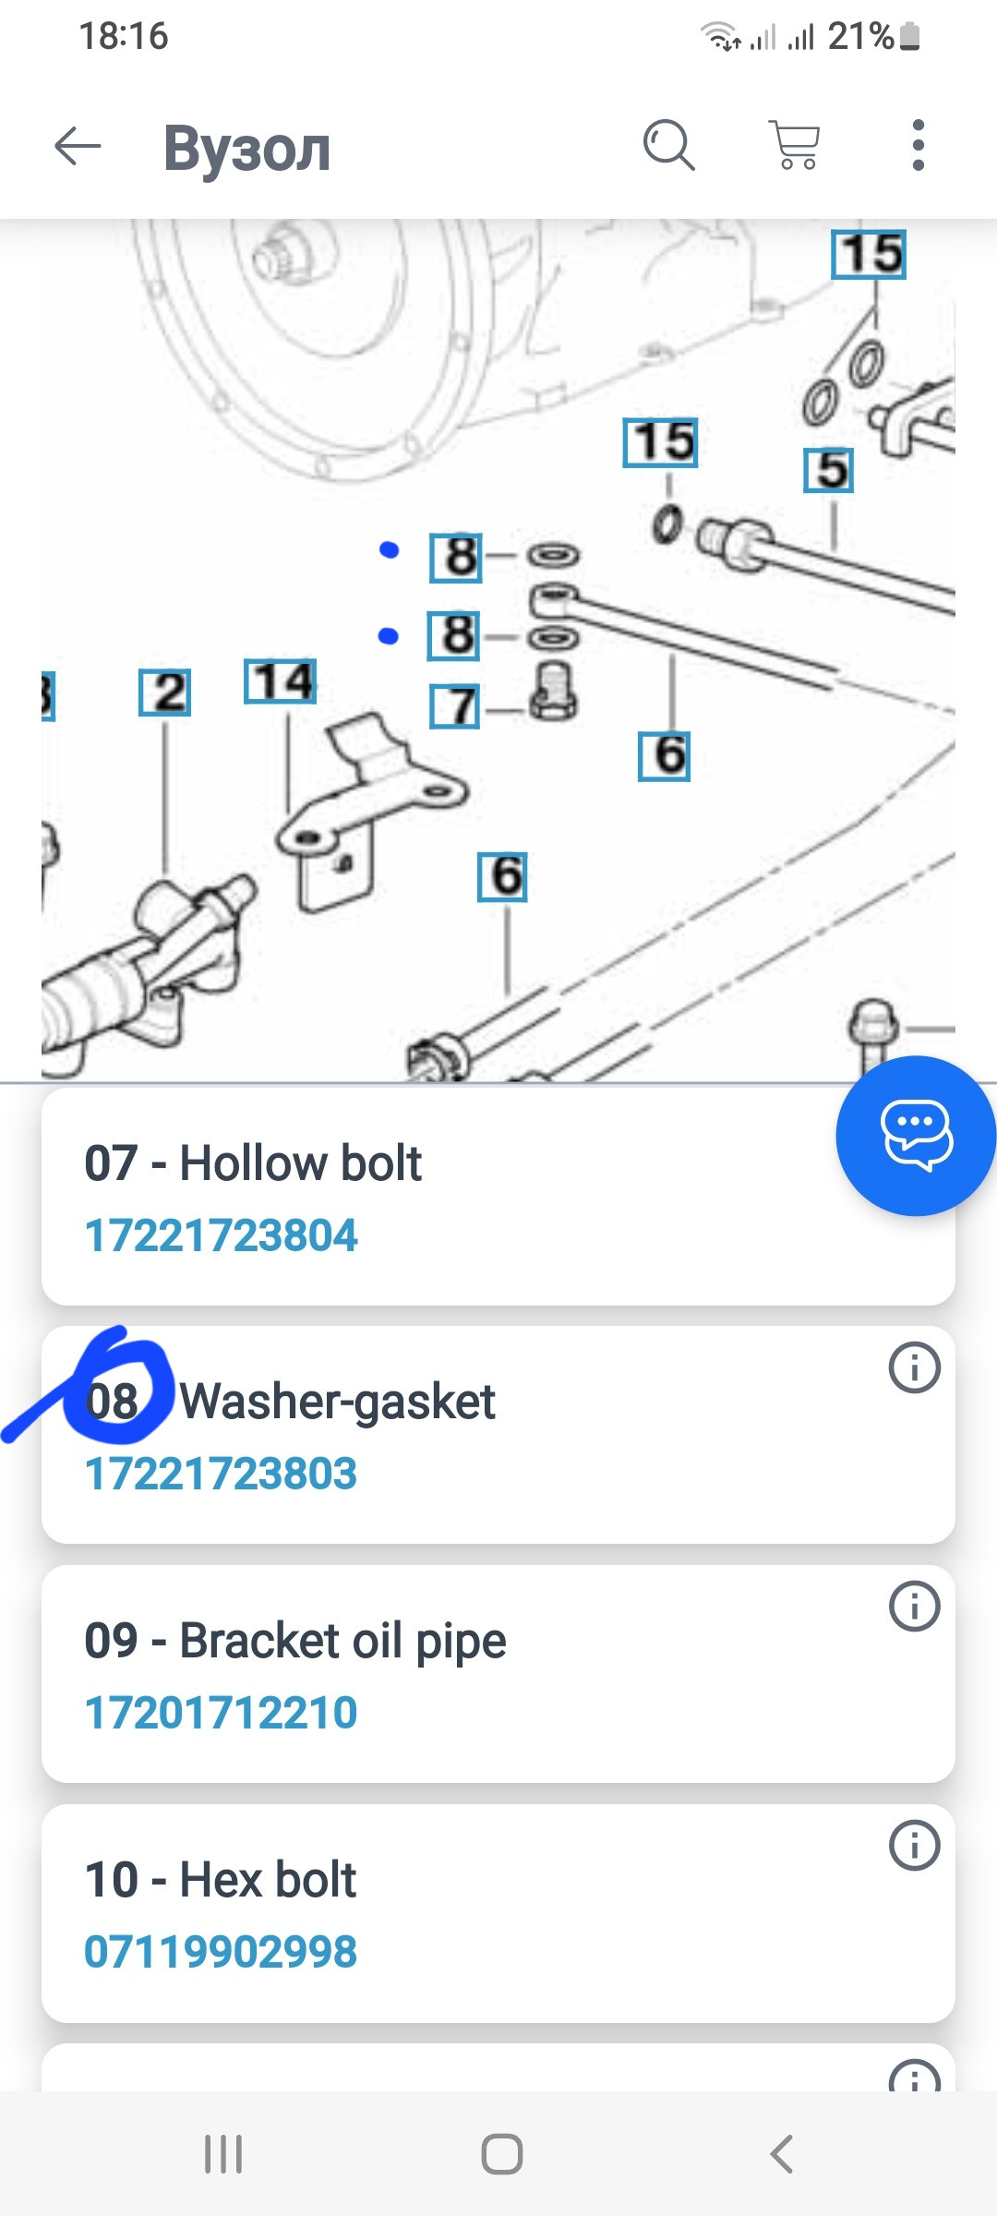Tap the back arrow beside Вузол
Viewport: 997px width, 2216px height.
point(78,146)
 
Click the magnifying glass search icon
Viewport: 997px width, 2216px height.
point(668,145)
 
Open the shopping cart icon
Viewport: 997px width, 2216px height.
point(795,145)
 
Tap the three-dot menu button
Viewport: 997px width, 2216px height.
point(918,145)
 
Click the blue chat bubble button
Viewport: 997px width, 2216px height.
point(916,1135)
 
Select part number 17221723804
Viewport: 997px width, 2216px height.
point(221,1235)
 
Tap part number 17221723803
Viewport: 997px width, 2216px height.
point(221,1474)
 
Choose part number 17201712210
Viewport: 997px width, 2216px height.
point(221,1713)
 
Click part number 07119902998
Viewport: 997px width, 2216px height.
point(221,1952)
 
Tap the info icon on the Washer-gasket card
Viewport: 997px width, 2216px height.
point(915,1367)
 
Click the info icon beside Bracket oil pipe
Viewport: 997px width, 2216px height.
point(915,1607)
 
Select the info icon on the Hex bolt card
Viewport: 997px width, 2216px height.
point(915,1846)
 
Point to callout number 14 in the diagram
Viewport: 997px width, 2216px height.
point(281,681)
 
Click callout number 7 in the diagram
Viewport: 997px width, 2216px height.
point(455,706)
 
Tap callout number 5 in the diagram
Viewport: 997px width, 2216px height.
point(829,470)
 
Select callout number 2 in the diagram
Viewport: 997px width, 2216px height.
point(165,692)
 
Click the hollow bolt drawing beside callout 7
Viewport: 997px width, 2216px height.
point(554,692)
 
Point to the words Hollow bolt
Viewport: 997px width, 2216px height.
point(300,1162)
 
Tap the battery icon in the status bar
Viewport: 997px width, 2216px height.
point(909,36)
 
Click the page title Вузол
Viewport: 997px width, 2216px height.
point(247,148)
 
